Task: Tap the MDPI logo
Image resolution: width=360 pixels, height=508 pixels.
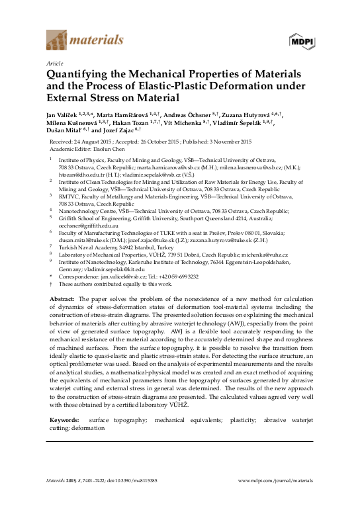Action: pos(301,41)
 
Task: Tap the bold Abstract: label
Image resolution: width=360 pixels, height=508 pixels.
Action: pos(62,298)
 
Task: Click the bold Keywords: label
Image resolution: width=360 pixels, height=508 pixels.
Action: pos(65,419)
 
